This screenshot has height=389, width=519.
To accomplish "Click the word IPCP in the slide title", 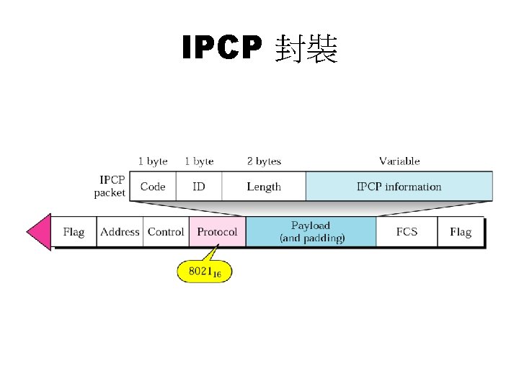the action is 222,48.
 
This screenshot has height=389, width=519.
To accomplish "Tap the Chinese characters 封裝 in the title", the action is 306,48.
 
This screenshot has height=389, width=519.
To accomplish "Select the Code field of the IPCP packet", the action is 153,187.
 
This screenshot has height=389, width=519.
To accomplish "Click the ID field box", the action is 198,187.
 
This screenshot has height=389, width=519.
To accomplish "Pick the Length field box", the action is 264,187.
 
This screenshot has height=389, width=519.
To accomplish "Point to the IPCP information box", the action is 399,187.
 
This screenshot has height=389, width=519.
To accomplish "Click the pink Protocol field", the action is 217,232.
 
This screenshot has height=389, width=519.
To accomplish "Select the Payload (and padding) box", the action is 311,232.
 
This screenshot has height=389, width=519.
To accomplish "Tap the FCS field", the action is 407,232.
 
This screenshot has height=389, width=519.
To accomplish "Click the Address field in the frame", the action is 120,232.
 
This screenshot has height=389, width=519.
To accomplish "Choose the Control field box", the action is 166,232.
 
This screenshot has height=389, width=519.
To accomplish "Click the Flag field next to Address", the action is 74,232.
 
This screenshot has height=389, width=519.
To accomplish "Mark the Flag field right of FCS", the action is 460,232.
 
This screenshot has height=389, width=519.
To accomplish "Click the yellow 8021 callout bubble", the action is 205,272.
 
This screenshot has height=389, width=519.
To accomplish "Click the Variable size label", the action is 399,161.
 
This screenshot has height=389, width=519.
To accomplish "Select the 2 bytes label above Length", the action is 264,161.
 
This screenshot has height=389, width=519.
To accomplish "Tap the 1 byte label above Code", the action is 153,161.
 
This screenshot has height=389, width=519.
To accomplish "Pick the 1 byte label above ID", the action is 199,161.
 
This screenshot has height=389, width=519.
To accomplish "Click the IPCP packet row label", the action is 110,186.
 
